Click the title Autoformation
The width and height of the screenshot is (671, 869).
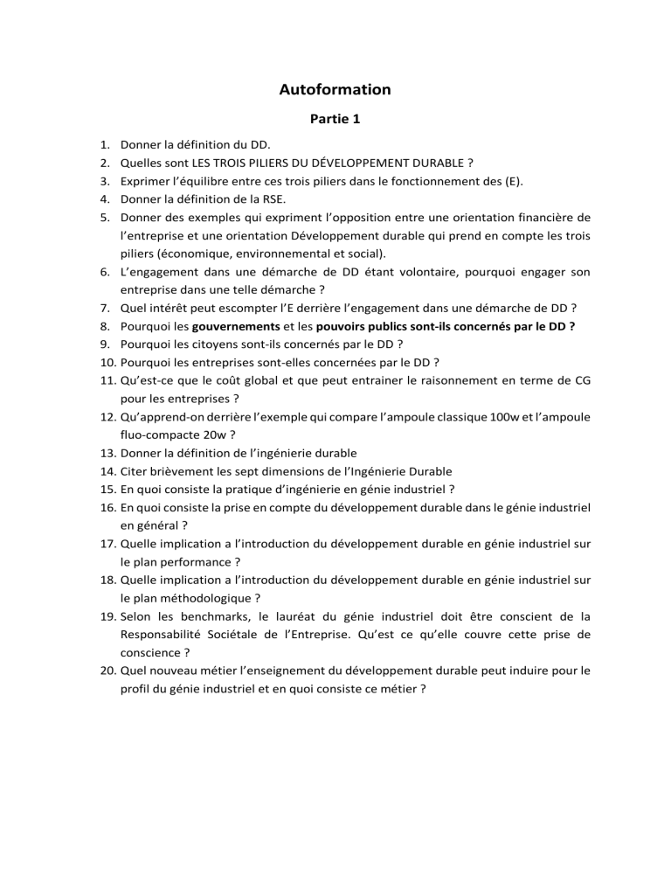pos(335,89)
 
